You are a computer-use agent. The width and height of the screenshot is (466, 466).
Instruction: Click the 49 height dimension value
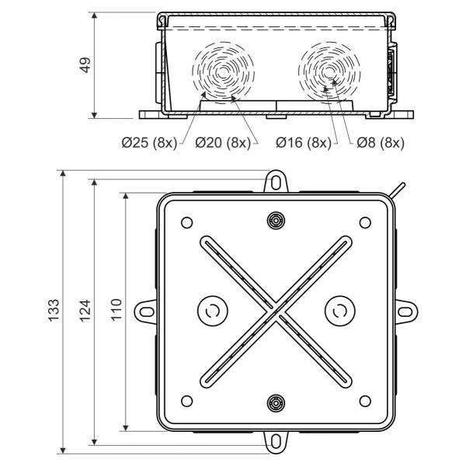coord(87,66)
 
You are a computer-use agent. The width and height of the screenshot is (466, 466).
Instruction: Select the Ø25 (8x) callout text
coord(150,142)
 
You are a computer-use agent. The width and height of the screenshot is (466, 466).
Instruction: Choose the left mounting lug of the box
coord(146,311)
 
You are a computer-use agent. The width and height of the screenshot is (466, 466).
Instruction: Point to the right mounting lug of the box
coord(405,311)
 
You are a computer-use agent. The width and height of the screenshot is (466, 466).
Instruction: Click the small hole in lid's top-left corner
coord(186,222)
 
